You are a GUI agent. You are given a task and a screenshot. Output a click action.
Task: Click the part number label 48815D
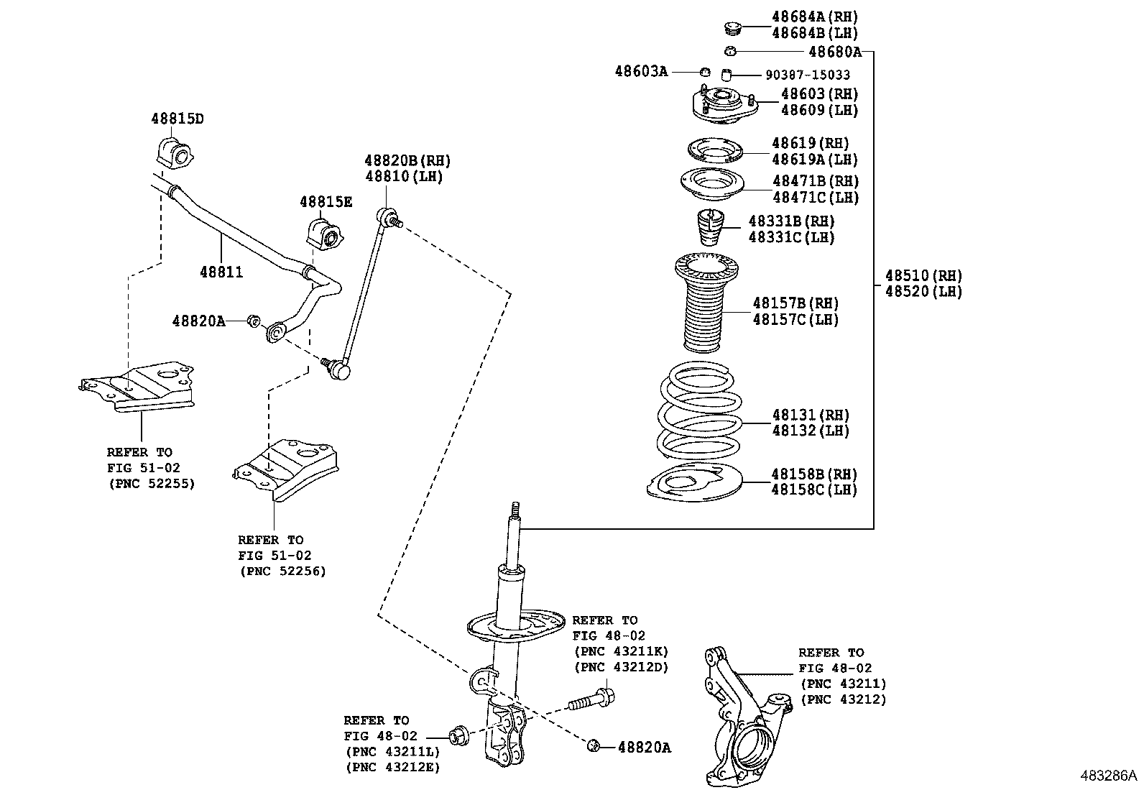coord(177,119)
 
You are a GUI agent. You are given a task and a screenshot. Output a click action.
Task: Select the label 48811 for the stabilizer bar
coord(221,272)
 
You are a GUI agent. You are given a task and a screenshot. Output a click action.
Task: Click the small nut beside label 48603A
coord(705,72)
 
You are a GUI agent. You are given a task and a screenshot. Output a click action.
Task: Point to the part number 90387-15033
coord(807,75)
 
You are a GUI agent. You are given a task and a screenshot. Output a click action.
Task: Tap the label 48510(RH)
coord(923,275)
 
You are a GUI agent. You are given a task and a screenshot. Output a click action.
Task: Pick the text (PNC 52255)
coord(152,484)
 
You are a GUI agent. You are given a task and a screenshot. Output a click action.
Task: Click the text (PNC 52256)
coord(282,571)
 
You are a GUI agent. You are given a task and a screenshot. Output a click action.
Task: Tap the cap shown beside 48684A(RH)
coord(732,28)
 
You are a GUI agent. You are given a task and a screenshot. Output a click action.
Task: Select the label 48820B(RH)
coord(407,161)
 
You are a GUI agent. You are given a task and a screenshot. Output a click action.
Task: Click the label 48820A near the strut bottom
coord(644,748)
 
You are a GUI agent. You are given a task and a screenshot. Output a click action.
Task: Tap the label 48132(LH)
coord(811,431)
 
